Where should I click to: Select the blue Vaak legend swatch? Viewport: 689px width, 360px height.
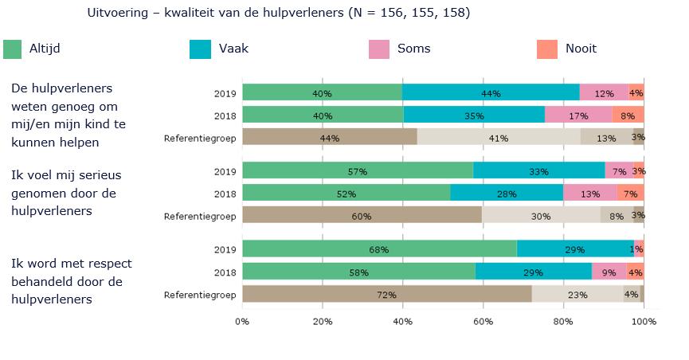click(x=200, y=49)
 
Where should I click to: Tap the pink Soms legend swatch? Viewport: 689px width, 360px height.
click(x=379, y=49)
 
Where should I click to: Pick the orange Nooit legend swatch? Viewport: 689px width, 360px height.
click(x=547, y=49)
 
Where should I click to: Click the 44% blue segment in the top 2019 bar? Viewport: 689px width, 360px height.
click(x=491, y=92)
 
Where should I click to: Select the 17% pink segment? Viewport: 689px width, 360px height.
click(x=579, y=115)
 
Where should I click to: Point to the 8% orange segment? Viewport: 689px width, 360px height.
click(x=628, y=115)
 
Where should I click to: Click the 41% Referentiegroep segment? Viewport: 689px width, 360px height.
click(x=499, y=137)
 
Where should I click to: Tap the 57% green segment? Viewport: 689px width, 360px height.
click(x=358, y=170)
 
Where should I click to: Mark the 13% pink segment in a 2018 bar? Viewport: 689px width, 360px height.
click(x=590, y=193)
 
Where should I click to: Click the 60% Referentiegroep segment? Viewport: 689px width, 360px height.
click(x=362, y=215)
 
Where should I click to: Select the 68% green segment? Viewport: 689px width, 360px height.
click(x=379, y=248)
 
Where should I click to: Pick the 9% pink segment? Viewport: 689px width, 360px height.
click(x=609, y=271)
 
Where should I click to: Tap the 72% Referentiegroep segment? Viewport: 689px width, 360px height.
click(x=386, y=294)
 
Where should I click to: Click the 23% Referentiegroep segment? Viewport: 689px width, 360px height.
click(x=577, y=294)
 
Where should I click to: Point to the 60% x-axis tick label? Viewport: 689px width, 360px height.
click(x=483, y=321)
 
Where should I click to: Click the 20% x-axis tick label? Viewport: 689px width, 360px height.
click(x=323, y=321)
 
